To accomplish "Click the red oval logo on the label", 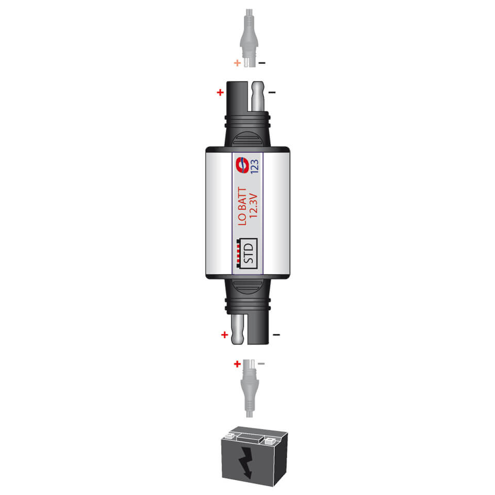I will (x=240, y=165).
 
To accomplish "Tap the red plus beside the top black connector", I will (x=220, y=93).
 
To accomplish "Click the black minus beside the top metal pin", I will (x=272, y=93).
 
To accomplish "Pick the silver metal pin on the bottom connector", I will (x=237, y=330).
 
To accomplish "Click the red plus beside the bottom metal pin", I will (x=224, y=335).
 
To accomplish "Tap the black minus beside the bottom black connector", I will (x=276, y=335).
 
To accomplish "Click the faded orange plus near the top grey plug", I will (x=237, y=63).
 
